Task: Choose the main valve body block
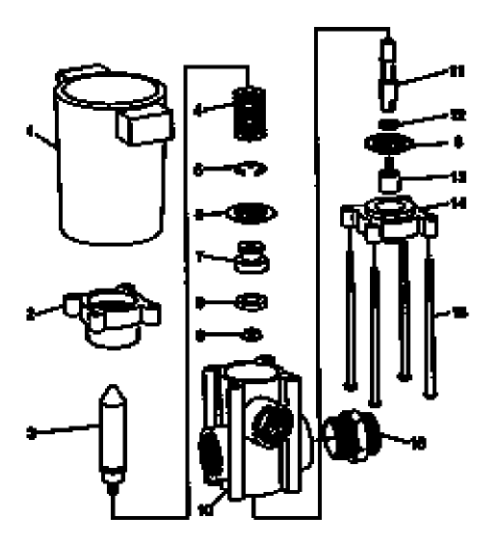click(255, 424)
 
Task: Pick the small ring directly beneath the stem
click(387, 124)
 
